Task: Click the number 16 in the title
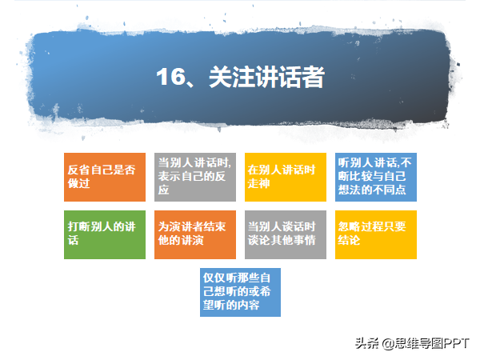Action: point(170,77)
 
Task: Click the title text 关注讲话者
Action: point(266,77)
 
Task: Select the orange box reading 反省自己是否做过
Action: point(105,177)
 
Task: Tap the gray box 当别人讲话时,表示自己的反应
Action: point(195,177)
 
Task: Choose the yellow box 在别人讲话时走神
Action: point(286,177)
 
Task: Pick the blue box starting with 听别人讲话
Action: point(376,177)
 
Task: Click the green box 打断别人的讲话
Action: point(105,234)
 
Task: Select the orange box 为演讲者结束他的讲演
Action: point(195,234)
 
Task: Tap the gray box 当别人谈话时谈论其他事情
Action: point(286,234)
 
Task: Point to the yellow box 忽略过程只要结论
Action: point(376,234)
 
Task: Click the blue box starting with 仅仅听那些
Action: point(240,292)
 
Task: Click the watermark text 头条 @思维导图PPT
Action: point(412,343)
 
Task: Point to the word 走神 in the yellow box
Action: point(259,183)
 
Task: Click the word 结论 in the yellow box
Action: point(349,240)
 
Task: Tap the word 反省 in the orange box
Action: point(79,170)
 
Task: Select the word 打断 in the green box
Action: point(79,226)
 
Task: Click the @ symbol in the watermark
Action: point(388,343)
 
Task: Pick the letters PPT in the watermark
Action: point(456,343)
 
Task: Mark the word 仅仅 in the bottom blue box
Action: point(214,278)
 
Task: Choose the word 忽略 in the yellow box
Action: point(349,226)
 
